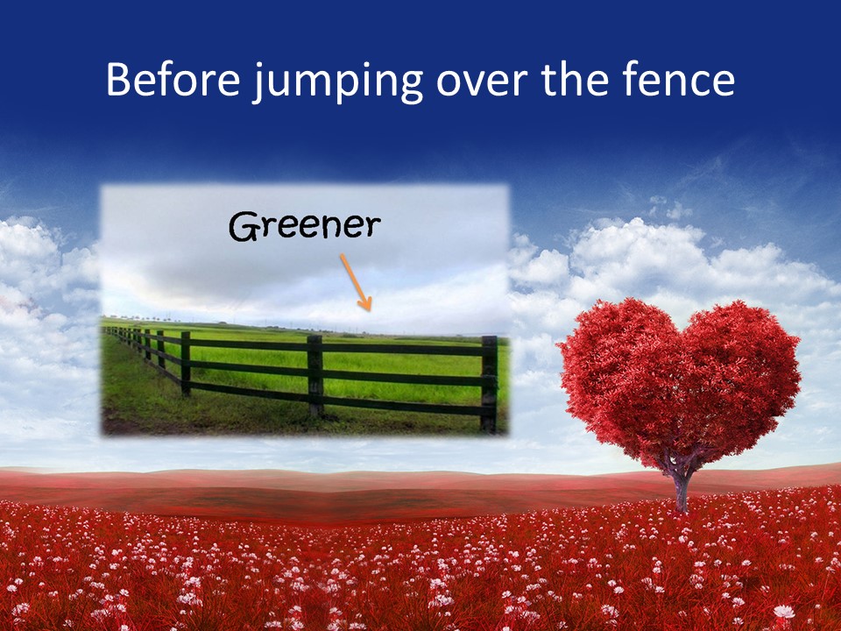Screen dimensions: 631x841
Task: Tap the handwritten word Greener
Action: click(306, 228)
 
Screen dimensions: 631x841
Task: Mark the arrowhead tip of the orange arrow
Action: click(370, 309)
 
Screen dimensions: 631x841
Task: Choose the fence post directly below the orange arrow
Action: click(314, 376)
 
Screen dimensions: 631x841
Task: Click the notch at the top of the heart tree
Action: click(681, 326)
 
